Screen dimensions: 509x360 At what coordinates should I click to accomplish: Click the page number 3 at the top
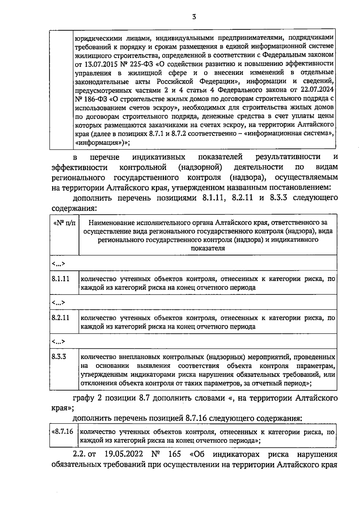tap(194, 17)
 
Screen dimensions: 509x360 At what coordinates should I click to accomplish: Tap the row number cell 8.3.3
tap(59, 357)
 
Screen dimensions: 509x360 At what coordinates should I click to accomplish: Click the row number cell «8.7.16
tap(63, 432)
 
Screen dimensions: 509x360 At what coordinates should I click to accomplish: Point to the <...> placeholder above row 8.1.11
tap(58, 264)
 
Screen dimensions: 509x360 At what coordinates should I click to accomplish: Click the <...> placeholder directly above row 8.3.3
tap(58, 342)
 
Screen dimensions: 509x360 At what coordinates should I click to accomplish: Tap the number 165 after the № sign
tap(175, 454)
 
